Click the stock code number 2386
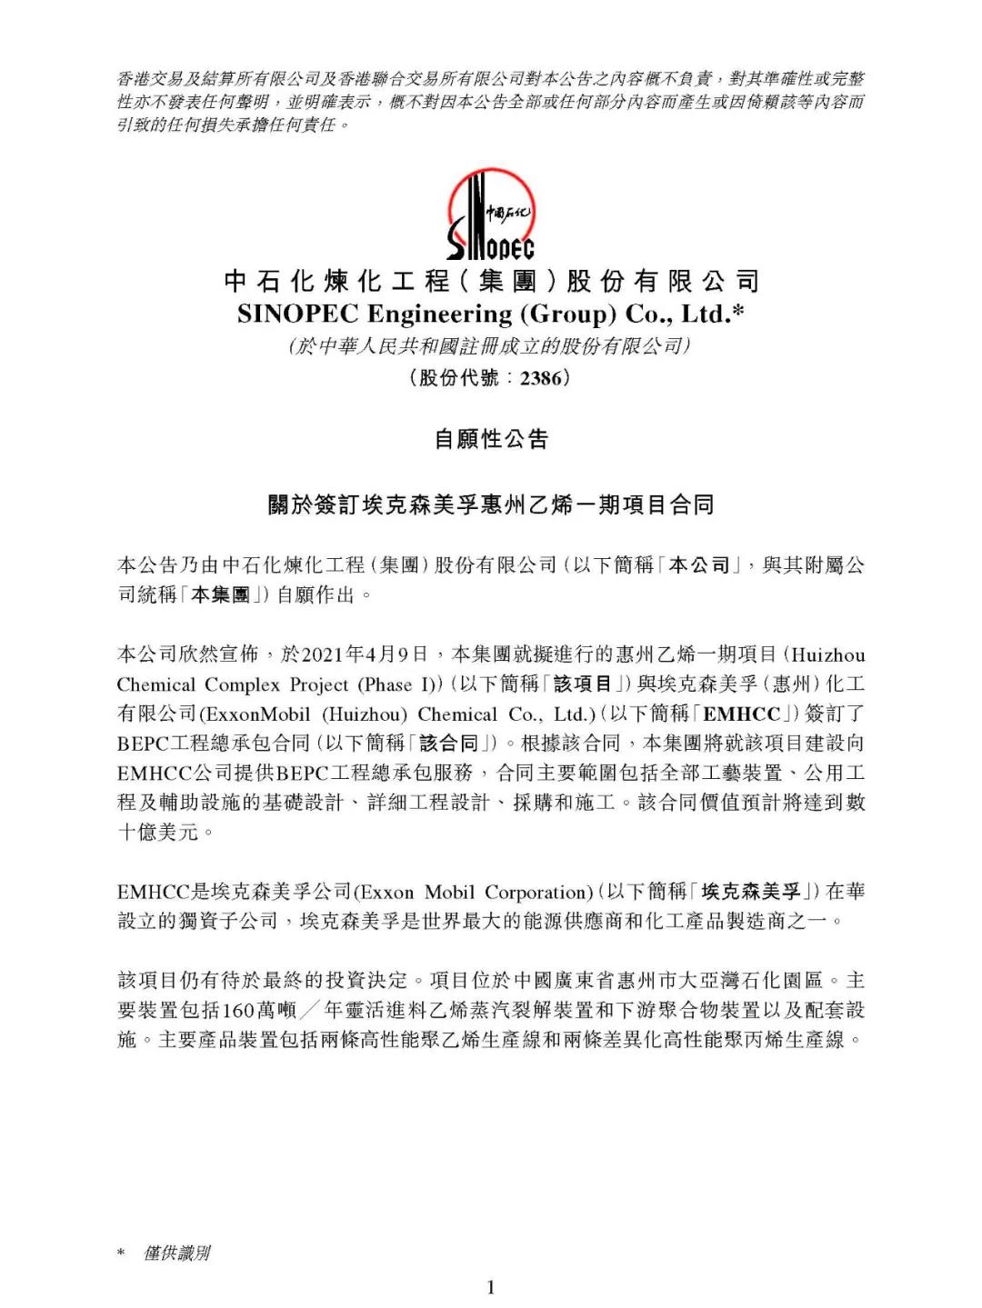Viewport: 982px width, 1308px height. [x=540, y=378]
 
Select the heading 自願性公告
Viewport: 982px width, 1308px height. [x=491, y=440]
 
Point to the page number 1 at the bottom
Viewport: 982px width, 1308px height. [x=491, y=1286]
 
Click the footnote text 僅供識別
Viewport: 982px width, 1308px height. [x=176, y=1253]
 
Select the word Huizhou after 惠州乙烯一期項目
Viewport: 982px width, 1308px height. [x=827, y=654]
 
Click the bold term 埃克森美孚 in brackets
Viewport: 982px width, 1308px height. [x=752, y=892]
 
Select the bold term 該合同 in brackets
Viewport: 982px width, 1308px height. [x=448, y=744]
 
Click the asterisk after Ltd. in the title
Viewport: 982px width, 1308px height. [x=738, y=312]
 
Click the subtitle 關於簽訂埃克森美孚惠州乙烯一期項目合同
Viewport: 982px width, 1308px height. [x=491, y=504]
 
